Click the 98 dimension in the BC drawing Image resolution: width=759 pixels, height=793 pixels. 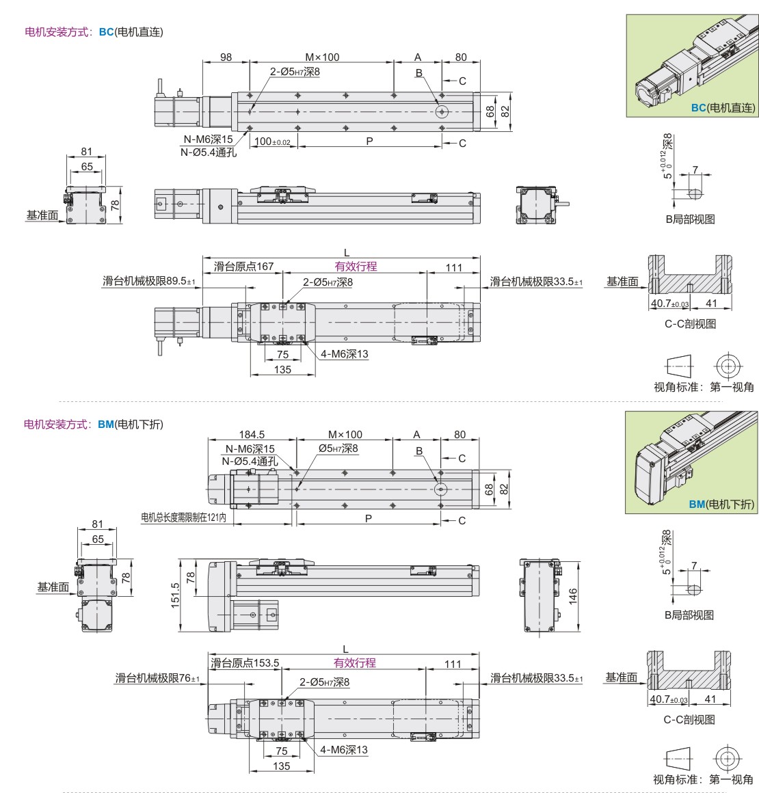226,57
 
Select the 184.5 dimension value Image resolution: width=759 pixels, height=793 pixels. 252,434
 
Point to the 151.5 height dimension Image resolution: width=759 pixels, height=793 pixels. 175,595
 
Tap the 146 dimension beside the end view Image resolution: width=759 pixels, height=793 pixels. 573,596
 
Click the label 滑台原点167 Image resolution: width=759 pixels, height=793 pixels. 243,266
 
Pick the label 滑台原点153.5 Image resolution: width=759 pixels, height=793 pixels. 244,662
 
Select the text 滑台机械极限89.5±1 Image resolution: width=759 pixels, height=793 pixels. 149,281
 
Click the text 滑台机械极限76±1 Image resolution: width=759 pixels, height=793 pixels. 157,677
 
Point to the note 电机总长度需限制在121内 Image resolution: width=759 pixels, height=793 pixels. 183,517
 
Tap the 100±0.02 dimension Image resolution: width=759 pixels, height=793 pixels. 272,142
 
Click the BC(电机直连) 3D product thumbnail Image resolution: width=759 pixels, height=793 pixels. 692,66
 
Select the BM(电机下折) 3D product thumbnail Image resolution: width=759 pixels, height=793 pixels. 691,462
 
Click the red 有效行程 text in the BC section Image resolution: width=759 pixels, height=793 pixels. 356,267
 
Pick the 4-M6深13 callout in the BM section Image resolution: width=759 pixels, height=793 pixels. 343,749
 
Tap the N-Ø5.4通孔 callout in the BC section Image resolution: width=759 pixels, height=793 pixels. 209,152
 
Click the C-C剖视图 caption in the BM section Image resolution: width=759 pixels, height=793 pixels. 689,720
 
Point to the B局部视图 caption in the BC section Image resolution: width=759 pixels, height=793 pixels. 690,219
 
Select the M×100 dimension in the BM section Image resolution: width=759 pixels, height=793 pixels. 345,434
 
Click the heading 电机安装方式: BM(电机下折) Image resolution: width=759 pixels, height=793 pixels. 94,425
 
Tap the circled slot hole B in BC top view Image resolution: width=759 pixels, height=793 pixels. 442,111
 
